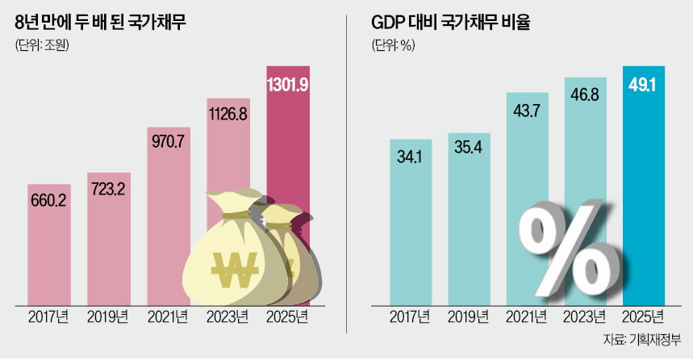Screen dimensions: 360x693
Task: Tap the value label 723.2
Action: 110,186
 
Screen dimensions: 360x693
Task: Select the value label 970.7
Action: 169,141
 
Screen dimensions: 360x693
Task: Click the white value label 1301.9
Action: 289,82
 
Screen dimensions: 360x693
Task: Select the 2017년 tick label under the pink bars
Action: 49,316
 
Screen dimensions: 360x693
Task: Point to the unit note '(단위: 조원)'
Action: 43,46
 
